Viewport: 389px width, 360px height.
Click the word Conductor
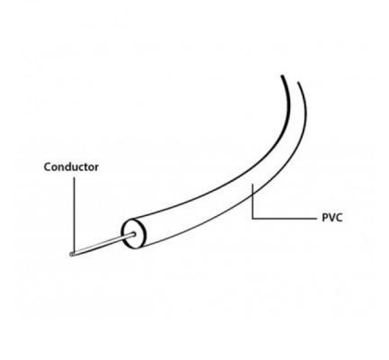point(71,167)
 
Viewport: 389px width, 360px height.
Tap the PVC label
point(332,218)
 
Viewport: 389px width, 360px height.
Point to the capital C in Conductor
point(48,167)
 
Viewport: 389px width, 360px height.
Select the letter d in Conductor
point(70,167)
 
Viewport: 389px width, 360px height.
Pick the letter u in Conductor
point(78,168)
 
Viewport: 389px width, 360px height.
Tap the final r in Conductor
point(96,168)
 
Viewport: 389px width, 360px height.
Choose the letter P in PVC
point(325,218)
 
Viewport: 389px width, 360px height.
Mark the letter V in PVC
point(332,218)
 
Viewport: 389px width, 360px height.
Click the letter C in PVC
point(339,218)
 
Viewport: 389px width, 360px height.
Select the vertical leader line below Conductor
point(74,215)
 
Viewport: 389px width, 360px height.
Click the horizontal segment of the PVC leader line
point(284,219)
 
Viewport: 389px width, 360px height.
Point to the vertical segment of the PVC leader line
point(252,201)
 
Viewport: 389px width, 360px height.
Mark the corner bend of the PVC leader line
point(252,219)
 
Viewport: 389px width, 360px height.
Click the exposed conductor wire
point(102,244)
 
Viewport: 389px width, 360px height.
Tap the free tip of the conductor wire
point(71,254)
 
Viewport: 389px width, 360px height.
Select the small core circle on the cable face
point(134,234)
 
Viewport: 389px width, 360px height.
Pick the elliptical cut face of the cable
point(134,234)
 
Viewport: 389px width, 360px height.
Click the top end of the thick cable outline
point(282,76)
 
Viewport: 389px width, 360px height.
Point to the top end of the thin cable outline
point(298,82)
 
